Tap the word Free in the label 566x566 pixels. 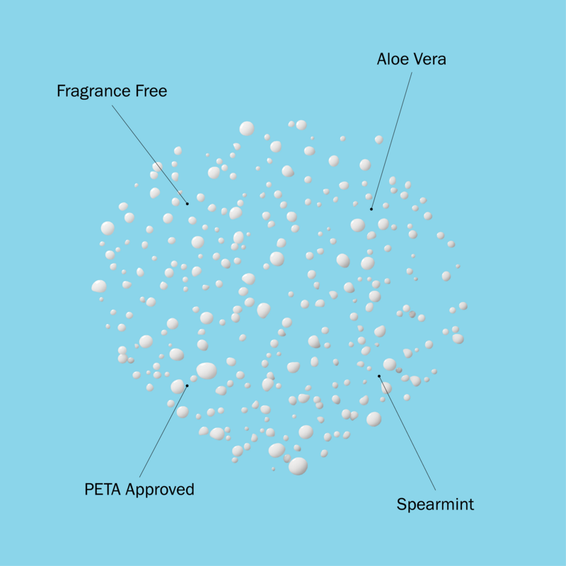(151, 91)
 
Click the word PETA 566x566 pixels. (103, 490)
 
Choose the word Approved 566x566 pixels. (160, 490)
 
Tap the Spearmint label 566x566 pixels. (435, 504)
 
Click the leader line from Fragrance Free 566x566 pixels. (149, 154)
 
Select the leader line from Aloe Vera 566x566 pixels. (391, 140)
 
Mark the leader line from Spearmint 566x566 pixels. (408, 433)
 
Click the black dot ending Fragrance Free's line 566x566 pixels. (187, 204)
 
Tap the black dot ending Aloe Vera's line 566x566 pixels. (371, 209)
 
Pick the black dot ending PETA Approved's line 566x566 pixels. (187, 386)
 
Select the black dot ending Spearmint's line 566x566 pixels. (379, 376)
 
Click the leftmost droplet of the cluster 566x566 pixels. (99, 287)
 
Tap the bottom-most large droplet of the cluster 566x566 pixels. (298, 466)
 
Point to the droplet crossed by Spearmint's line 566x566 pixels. (386, 388)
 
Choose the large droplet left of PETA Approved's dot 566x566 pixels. (178, 386)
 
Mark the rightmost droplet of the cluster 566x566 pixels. (463, 306)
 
